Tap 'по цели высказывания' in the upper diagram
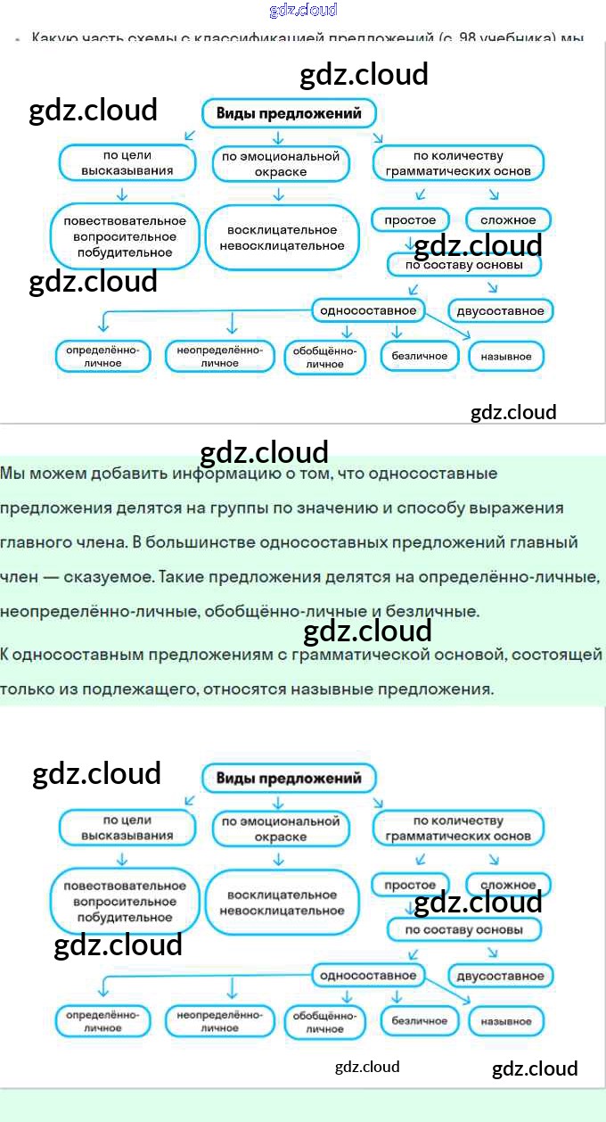pyautogui.click(x=127, y=163)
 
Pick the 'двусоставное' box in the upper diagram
pyautogui.click(x=500, y=311)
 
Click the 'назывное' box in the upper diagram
pyautogui.click(x=505, y=357)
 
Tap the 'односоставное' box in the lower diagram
pyautogui.click(x=368, y=975)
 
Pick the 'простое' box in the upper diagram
pyautogui.click(x=410, y=219)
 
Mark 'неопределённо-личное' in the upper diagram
pyautogui.click(x=219, y=357)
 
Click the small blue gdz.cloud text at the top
pyautogui.click(x=303, y=10)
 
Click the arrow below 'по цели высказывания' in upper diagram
pyautogui.click(x=123, y=194)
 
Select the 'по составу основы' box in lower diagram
pyautogui.click(x=464, y=929)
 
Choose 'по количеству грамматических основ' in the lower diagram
pyautogui.click(x=458, y=829)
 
